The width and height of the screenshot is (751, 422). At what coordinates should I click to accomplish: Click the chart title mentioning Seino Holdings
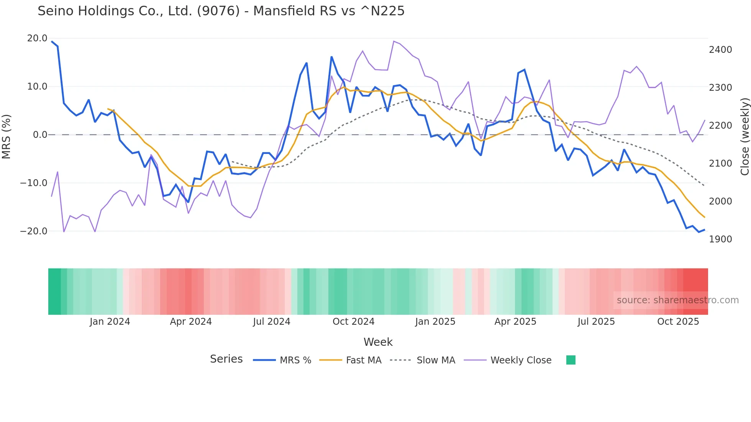click(221, 11)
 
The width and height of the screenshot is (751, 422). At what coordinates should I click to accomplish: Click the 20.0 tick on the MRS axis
click(37, 38)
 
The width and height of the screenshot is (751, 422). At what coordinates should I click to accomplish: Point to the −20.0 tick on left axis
click(34, 231)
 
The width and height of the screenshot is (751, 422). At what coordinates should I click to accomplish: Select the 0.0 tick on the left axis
click(40, 135)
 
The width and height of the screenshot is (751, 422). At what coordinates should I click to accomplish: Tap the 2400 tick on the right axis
click(720, 50)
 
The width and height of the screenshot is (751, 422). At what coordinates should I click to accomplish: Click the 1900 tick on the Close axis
click(720, 239)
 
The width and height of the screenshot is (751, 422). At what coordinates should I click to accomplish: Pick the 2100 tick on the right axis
click(720, 164)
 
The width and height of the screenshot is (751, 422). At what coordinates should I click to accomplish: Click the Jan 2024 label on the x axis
click(110, 322)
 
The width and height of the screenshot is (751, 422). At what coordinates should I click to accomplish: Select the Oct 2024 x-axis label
click(353, 322)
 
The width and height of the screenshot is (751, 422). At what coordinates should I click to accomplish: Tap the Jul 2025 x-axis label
click(596, 322)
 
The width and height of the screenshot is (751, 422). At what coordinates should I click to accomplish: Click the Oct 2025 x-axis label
click(678, 322)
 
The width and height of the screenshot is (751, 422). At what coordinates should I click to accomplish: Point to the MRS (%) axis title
click(7, 136)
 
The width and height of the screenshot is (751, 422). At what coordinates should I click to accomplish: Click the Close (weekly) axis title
click(744, 136)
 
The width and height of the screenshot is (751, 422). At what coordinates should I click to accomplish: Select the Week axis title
click(378, 342)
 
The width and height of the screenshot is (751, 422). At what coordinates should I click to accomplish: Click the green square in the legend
click(571, 360)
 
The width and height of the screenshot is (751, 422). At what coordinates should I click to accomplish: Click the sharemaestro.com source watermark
click(677, 300)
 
